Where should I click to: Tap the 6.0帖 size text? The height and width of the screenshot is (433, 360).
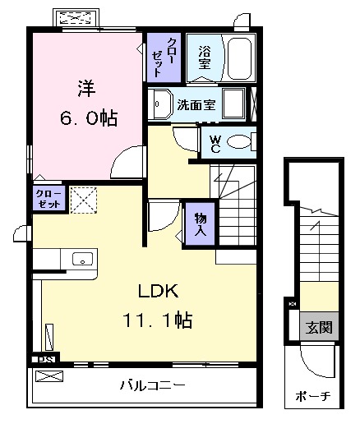pyautogui.click(x=87, y=118)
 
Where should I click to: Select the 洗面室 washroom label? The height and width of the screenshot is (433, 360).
pyautogui.click(x=196, y=104)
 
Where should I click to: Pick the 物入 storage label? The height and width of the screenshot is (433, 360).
pyautogui.click(x=200, y=223)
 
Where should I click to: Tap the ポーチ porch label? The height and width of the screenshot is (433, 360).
pyautogui.click(x=313, y=397)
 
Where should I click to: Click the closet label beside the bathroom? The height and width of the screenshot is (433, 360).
pyautogui.click(x=157, y=56)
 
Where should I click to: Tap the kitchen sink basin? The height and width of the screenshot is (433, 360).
pyautogui.click(x=83, y=260)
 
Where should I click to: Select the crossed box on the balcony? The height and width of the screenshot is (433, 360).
pyautogui.click(x=49, y=377)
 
